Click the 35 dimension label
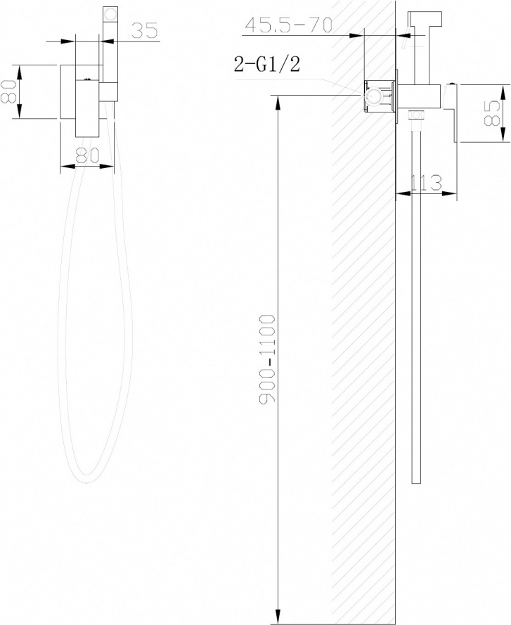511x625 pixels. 145,30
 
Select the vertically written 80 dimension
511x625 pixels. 8,91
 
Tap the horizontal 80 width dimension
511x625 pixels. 86,155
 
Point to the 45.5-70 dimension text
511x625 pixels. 288,25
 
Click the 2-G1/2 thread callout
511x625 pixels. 266,64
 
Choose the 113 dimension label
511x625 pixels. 426,183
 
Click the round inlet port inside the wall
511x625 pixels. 374,96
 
